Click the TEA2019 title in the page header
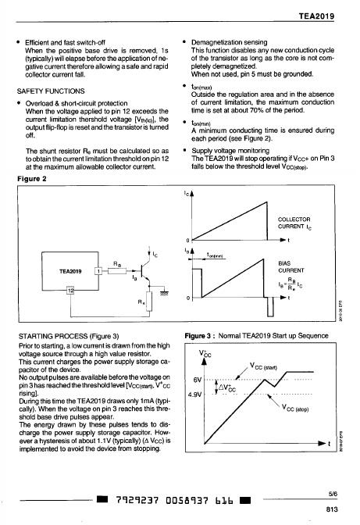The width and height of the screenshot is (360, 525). (x=316, y=16)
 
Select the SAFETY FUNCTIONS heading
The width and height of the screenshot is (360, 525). (x=51, y=91)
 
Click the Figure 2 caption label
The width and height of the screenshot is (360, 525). (x=32, y=178)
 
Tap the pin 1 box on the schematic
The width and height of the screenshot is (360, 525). (x=98, y=271)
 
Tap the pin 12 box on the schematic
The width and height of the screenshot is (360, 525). (x=70, y=291)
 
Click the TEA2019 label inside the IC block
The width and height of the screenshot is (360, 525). (x=70, y=271)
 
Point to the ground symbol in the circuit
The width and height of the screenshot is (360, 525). (x=164, y=293)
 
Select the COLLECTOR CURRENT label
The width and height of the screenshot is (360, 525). (x=294, y=223)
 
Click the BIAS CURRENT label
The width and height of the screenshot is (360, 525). (x=291, y=267)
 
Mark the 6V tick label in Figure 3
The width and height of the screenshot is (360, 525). (x=198, y=380)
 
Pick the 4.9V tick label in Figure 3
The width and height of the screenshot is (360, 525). (x=195, y=394)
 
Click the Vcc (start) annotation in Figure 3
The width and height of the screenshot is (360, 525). (x=263, y=366)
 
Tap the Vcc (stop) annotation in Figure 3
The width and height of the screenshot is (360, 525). (x=294, y=408)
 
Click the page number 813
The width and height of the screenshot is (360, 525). (x=332, y=509)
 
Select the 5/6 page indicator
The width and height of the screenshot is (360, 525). (x=333, y=494)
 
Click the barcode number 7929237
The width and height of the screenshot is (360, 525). (x=137, y=501)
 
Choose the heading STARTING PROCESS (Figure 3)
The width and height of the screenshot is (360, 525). (x=69, y=336)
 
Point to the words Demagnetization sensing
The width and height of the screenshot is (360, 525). (x=229, y=42)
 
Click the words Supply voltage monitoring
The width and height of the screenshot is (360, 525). (x=230, y=150)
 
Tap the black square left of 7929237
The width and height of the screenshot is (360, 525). (x=102, y=499)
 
